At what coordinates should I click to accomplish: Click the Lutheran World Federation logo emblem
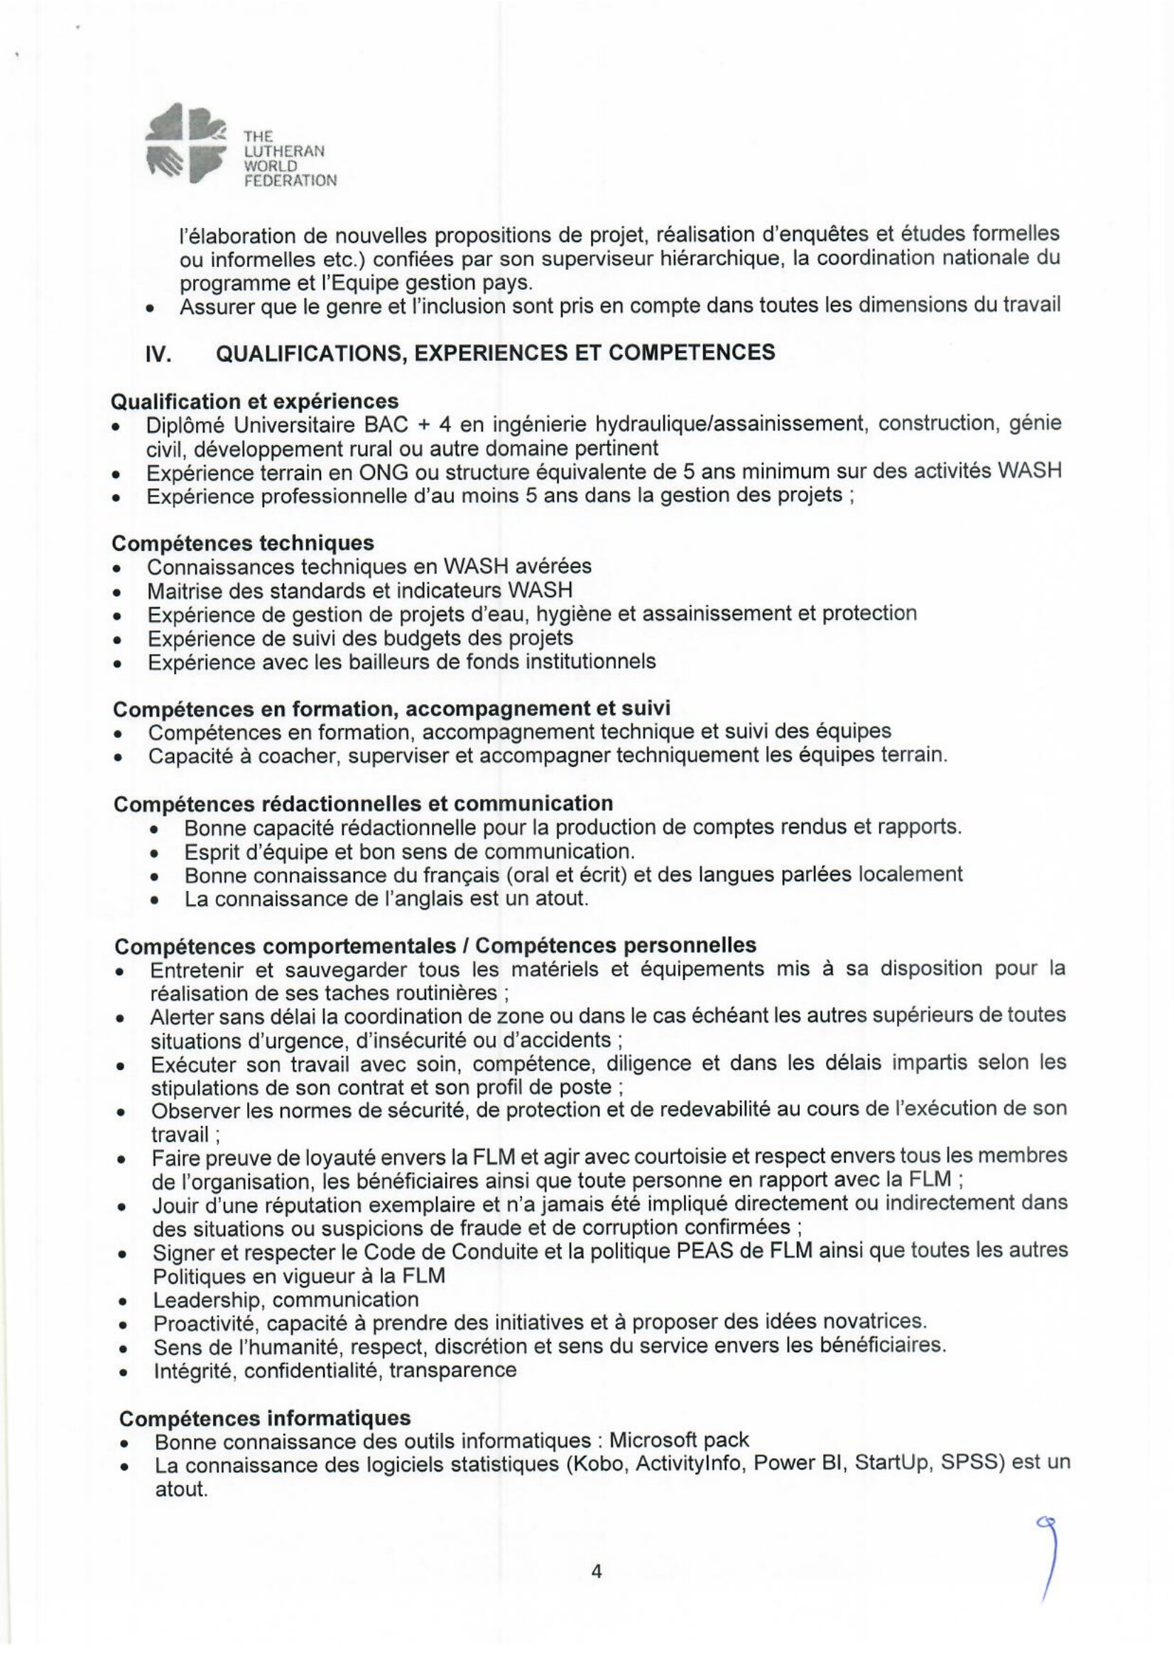click(x=187, y=148)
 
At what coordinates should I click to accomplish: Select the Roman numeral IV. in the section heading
click(x=158, y=353)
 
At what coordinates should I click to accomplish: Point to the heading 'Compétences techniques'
click(x=244, y=543)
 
